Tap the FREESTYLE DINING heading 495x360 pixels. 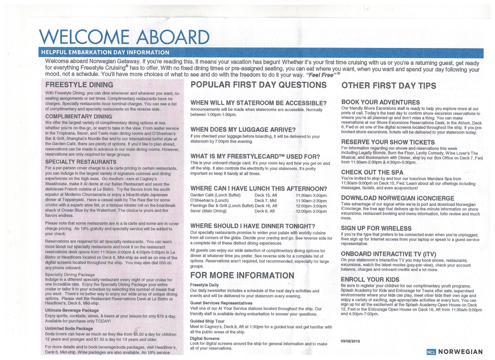click(79, 85)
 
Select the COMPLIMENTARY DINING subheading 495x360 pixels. click(79, 116)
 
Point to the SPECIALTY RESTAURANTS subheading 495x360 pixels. click(81, 161)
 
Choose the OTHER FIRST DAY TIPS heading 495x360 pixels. click(396, 86)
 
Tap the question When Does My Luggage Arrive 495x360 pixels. click(243, 129)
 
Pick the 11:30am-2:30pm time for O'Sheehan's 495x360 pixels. click(311, 201)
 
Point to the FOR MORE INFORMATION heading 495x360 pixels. click(242, 275)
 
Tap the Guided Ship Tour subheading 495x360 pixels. click(208, 321)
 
